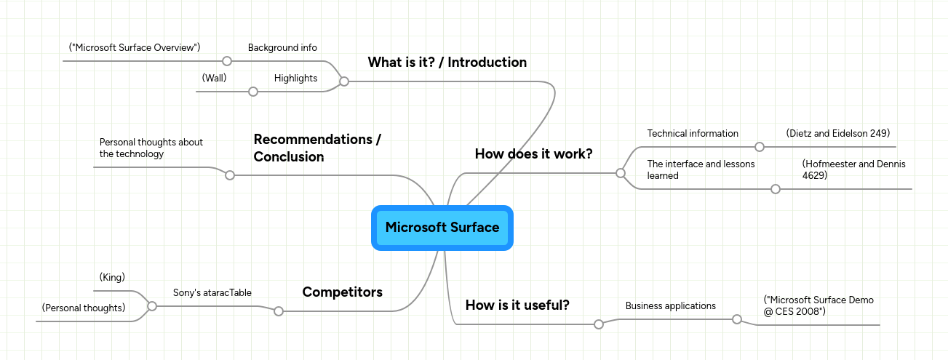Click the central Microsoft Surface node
(x=442, y=228)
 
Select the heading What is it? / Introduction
(x=447, y=63)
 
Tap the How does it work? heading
(x=533, y=154)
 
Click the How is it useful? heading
(x=517, y=305)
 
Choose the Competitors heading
(x=342, y=292)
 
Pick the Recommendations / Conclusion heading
(x=316, y=148)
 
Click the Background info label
(x=282, y=48)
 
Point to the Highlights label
(x=295, y=79)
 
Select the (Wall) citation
(x=214, y=78)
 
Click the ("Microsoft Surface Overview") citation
(x=135, y=47)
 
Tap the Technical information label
(x=693, y=134)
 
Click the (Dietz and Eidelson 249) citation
(x=838, y=133)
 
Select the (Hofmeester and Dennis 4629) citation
(x=853, y=169)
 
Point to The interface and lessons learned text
(x=701, y=169)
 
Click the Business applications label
(x=670, y=306)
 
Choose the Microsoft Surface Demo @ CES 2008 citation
(x=818, y=305)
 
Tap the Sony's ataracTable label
(x=212, y=293)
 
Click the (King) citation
(x=112, y=278)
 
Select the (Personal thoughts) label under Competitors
(x=84, y=308)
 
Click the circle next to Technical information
(x=760, y=147)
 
